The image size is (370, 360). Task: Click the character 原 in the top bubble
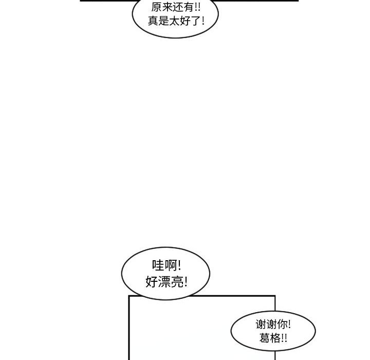click(156, 8)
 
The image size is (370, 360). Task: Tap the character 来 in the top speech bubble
click(168, 8)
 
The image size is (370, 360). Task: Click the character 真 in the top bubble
click(153, 22)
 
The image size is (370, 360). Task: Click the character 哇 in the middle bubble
click(158, 266)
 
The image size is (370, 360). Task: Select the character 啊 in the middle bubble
click(170, 266)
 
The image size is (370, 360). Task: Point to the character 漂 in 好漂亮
click(163, 282)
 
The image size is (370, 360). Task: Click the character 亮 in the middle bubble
click(176, 282)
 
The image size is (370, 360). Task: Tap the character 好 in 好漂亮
click(152, 282)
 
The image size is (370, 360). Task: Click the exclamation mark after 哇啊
click(179, 266)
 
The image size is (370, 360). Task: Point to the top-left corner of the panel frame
click(128, 296)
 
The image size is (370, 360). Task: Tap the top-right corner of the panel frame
click(275, 296)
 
